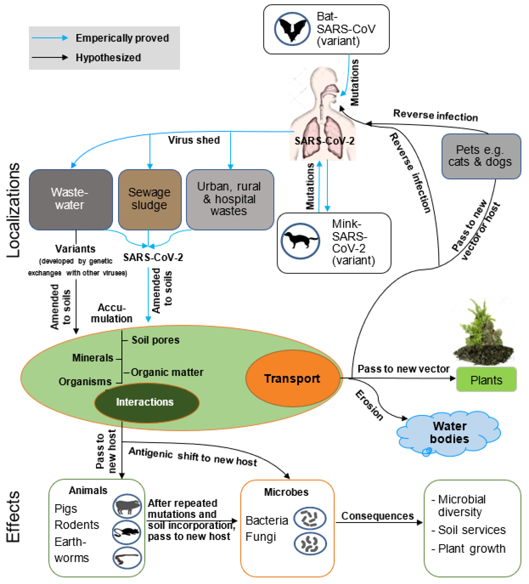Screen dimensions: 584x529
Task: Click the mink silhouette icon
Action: (300, 241)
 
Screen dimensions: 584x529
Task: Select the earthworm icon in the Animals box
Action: (127, 558)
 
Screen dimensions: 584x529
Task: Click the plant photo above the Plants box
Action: (483, 333)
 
